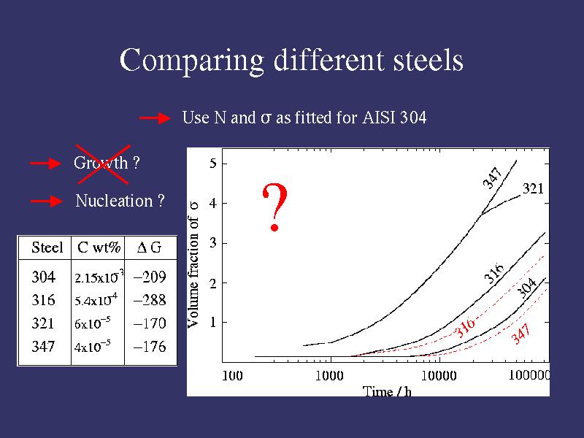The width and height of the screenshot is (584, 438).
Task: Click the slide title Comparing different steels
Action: (291, 60)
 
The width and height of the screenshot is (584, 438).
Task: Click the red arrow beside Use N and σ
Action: (154, 118)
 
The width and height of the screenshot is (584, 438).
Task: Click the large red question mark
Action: (274, 208)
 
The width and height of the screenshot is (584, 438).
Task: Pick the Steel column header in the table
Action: (47, 247)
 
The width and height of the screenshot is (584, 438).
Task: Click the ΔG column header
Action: (150, 247)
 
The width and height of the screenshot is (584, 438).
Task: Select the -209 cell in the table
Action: (150, 277)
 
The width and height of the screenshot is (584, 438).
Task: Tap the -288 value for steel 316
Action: (150, 299)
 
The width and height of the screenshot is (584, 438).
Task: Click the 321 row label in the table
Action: (43, 323)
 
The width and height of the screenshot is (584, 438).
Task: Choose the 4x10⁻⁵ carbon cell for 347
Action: (93, 347)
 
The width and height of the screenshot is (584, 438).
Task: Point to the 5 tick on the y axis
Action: (212, 164)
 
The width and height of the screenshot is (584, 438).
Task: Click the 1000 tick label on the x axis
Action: (329, 376)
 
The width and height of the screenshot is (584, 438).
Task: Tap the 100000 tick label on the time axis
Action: (529, 376)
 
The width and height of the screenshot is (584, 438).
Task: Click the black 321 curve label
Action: (533, 189)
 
